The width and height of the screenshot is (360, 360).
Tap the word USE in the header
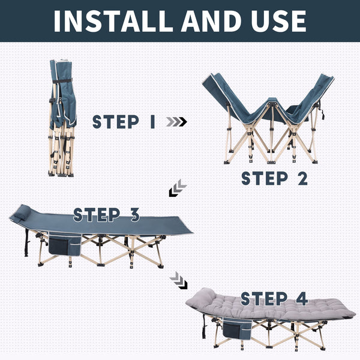pyautogui.click(x=279, y=21)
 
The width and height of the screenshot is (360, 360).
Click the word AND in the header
pyautogui.click(x=211, y=21)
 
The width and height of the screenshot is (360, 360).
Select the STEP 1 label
pyautogui.click(x=124, y=122)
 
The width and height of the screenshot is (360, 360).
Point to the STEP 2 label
pyautogui.click(x=275, y=178)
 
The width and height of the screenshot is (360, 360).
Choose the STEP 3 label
pyautogui.click(x=107, y=215)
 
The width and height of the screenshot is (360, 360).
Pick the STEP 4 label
pyautogui.click(x=274, y=298)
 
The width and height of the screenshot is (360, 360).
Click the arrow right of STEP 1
pyautogui.click(x=176, y=122)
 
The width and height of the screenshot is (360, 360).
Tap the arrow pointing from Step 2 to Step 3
pyautogui.click(x=178, y=188)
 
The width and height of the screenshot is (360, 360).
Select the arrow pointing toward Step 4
pyautogui.click(x=179, y=280)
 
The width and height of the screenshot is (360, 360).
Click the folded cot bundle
pyautogui.click(x=62, y=118)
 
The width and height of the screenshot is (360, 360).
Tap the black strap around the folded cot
pyautogui.click(x=62, y=81)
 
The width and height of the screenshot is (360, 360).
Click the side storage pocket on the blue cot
pyautogui.click(x=65, y=244)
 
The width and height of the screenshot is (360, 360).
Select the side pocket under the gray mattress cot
pyautogui.click(x=238, y=328)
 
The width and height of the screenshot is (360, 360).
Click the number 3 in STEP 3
pyautogui.click(x=134, y=215)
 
